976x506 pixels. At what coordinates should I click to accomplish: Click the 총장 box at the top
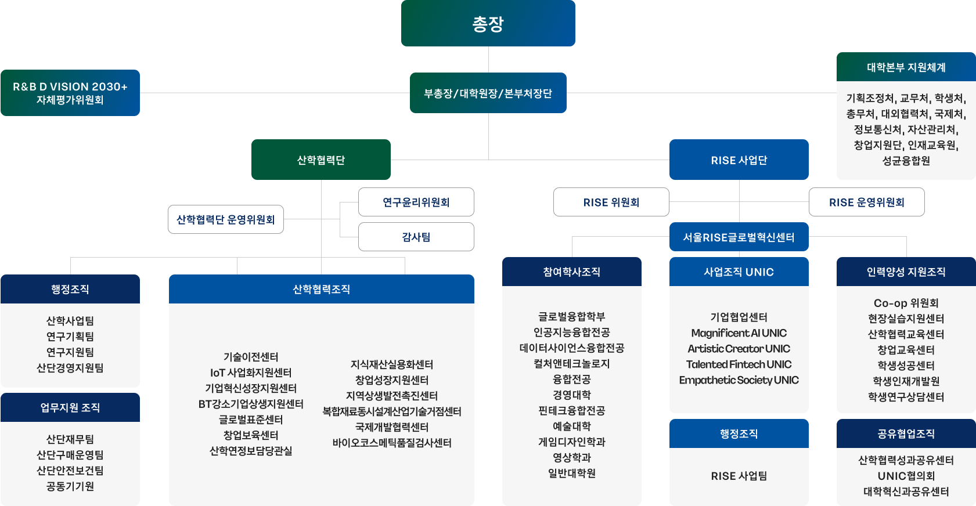(x=488, y=23)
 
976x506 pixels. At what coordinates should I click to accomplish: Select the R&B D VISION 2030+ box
(x=70, y=93)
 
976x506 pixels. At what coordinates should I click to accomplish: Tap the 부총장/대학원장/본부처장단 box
(x=488, y=93)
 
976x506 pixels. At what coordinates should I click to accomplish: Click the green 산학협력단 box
(x=320, y=160)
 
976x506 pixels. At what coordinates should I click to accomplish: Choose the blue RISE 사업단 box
(x=739, y=160)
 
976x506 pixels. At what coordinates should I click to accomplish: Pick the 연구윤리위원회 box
(x=416, y=202)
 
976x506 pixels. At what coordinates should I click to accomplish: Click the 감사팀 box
(x=416, y=237)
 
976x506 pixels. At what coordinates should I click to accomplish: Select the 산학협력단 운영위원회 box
(x=225, y=219)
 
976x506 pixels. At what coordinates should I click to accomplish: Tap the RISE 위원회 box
(x=611, y=202)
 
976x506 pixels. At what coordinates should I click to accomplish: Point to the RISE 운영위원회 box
(x=866, y=202)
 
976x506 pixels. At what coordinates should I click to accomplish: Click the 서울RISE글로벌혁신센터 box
(x=739, y=237)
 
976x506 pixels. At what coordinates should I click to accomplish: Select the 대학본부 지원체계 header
(x=906, y=67)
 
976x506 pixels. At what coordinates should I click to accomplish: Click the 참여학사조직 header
(x=571, y=272)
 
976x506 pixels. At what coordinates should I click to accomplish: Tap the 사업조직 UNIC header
(x=739, y=272)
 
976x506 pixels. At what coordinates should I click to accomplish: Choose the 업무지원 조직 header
(x=70, y=407)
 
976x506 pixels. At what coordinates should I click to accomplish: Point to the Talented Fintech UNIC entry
(x=739, y=364)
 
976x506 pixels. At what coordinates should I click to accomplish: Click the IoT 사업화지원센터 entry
(x=251, y=373)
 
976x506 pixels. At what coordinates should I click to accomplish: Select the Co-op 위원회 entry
(x=906, y=303)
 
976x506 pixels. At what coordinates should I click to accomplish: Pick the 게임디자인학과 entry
(x=571, y=442)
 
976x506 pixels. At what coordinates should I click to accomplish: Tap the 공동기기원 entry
(x=70, y=486)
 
